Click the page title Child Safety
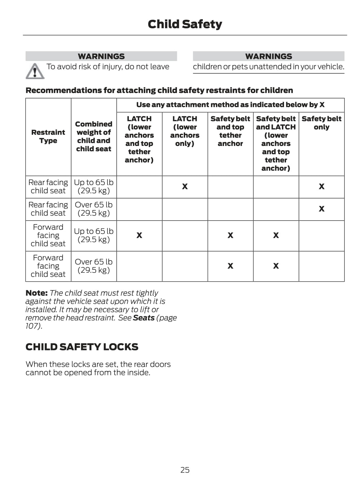[x=185, y=24]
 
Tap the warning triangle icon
[x=35, y=71]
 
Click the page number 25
[x=185, y=470]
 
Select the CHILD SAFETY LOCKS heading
[x=82, y=347]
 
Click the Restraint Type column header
[x=48, y=136]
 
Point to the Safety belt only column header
[x=321, y=123]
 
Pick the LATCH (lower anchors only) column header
[x=185, y=131]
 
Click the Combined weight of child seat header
[x=94, y=136]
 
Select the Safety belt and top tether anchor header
[x=230, y=131]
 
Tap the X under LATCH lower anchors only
[x=185, y=186]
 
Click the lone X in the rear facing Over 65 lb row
[x=321, y=209]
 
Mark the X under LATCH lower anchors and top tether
[x=139, y=235]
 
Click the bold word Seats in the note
[x=144, y=318]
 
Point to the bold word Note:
[x=36, y=293]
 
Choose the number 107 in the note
[x=32, y=326]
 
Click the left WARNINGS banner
[x=101, y=56]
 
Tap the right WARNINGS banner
[x=269, y=56]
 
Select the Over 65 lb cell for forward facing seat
[x=94, y=266]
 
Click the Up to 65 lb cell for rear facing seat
[x=94, y=186]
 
